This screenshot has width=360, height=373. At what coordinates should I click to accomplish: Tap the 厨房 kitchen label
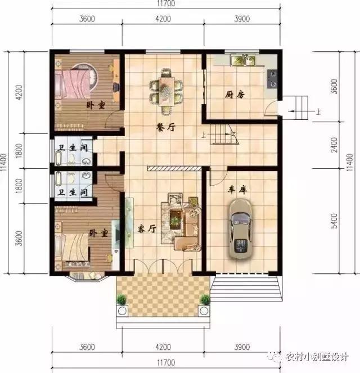point(237,95)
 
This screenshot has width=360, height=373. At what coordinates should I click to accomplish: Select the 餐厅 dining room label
point(166,127)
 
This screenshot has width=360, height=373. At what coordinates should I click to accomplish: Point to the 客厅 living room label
point(146,228)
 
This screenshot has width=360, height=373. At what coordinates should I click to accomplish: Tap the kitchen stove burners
point(273,78)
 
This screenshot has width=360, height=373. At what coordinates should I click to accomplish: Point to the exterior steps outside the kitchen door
point(296,106)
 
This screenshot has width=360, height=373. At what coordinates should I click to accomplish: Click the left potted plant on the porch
point(121,301)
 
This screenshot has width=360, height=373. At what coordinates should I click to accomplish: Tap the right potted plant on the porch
point(205,301)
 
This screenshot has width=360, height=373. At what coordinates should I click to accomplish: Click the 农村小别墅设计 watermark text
point(317,356)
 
